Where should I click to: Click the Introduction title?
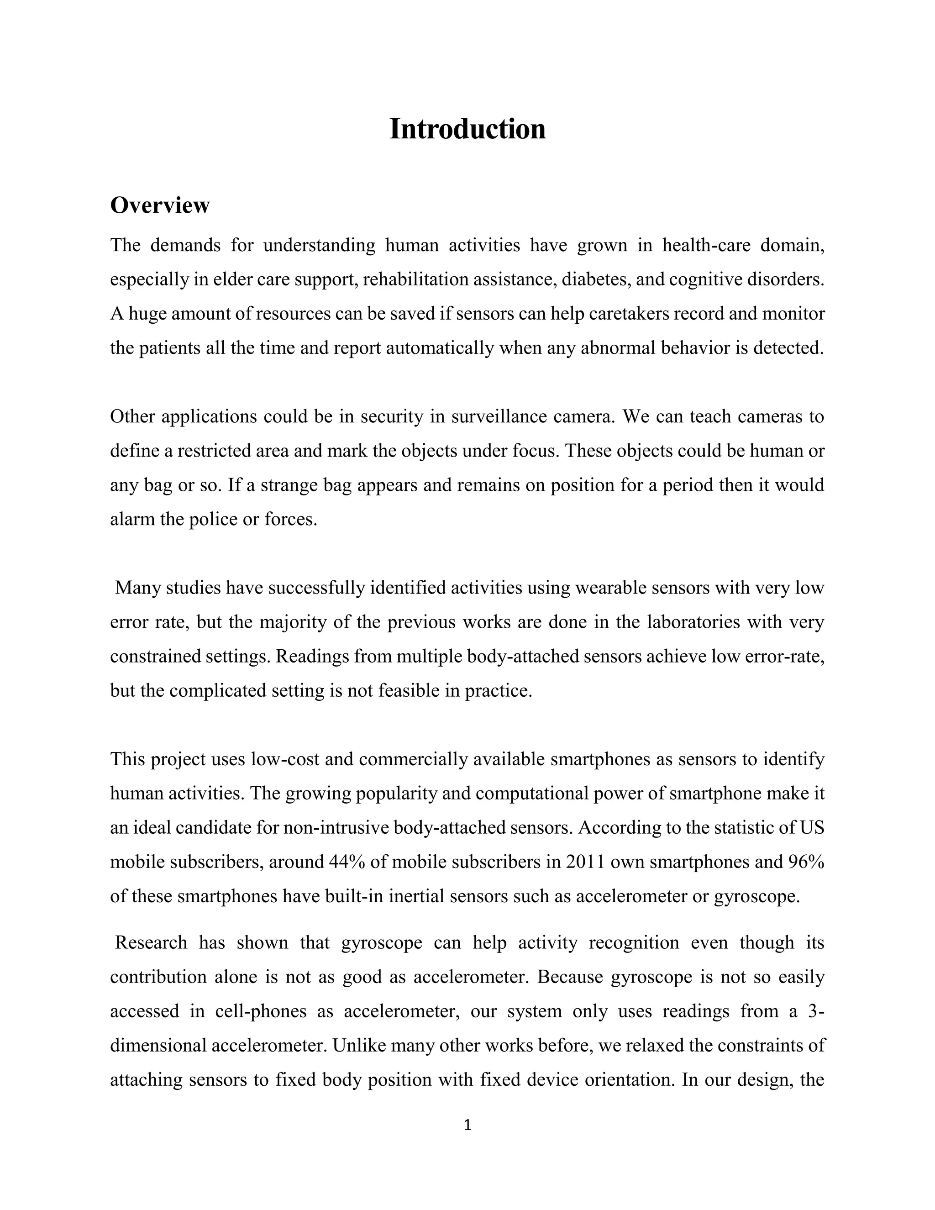467,129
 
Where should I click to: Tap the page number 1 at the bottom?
467,1125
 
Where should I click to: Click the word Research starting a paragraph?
151,942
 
